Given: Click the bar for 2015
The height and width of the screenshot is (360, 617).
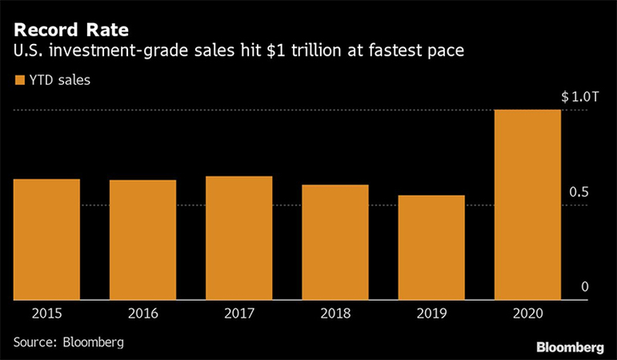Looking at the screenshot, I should point(46,239).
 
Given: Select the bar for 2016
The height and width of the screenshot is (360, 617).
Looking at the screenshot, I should point(142,240).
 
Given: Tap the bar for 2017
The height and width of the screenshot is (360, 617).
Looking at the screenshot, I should point(238,238).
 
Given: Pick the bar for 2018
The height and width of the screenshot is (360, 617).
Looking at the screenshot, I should point(335,242).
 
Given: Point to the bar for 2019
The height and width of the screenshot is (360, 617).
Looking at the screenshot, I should point(431,247).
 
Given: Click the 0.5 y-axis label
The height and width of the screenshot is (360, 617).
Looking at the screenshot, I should point(585,193).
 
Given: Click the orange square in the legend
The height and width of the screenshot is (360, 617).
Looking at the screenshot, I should point(18,80).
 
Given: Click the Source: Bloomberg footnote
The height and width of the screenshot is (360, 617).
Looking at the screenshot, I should point(69,342).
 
